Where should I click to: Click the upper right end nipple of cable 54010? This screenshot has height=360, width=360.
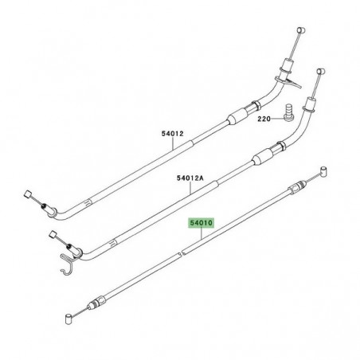tap(326, 191)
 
